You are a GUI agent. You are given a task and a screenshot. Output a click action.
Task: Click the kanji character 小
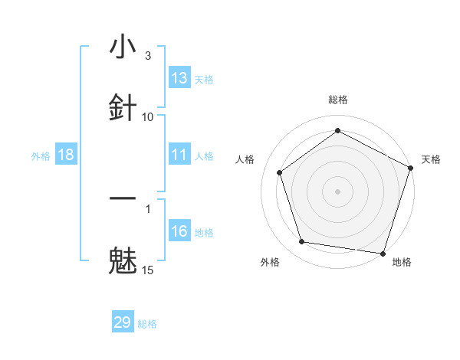tap(123, 47)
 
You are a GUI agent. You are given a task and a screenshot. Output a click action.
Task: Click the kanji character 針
tap(123, 106)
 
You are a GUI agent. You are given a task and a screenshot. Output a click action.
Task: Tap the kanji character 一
tap(123, 198)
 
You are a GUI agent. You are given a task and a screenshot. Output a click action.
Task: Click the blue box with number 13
tap(179, 78)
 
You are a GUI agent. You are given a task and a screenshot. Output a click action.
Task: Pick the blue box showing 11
tap(179, 155)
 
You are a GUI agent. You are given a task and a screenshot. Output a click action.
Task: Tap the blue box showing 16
tap(179, 231)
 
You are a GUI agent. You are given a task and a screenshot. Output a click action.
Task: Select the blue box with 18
tap(66, 155)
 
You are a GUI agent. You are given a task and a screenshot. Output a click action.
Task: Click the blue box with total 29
tap(123, 322)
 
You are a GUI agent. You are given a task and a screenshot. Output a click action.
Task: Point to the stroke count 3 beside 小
tap(148, 56)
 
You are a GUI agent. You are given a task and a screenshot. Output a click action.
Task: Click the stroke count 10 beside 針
tap(148, 117)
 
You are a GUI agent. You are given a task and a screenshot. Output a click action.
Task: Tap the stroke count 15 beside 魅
tap(148, 270)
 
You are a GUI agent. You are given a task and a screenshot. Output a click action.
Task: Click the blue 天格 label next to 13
tap(203, 79)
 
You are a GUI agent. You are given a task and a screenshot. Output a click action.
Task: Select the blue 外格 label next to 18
tap(41, 155)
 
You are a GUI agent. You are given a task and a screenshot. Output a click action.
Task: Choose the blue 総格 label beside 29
tap(147, 323)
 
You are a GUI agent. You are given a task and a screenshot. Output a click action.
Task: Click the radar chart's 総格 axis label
tap(337, 100)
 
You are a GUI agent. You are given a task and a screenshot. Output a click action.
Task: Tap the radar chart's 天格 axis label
tap(431, 159)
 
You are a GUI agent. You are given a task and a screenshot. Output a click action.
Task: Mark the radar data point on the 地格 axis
tap(383, 253)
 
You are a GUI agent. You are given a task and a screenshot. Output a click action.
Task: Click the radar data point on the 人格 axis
tap(279, 172)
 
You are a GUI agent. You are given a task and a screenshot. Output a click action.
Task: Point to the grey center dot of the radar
tap(337, 191)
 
